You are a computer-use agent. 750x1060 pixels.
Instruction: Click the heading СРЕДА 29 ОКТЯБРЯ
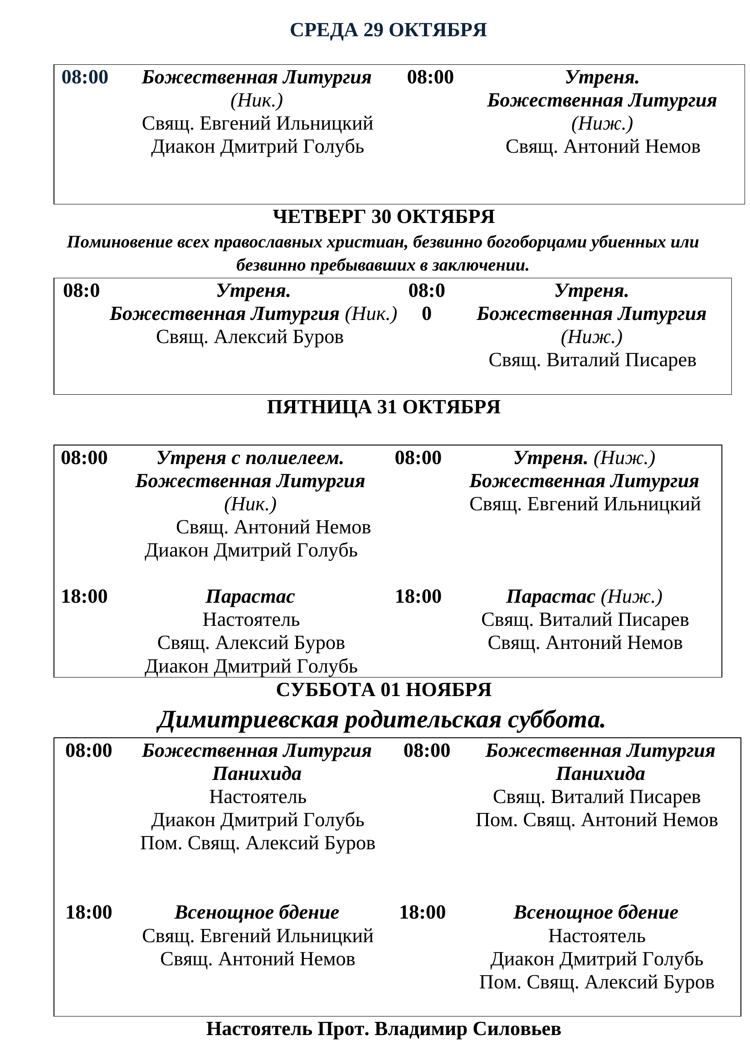tap(388, 30)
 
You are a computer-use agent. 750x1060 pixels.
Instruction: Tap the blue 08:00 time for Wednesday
tap(85, 77)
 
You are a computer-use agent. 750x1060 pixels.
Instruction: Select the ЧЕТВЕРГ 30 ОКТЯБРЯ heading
tap(383, 217)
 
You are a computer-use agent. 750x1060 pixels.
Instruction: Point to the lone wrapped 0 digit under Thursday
tap(426, 314)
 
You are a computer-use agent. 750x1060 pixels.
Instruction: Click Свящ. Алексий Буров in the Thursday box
tap(249, 337)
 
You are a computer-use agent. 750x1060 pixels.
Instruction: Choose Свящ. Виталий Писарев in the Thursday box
tap(592, 360)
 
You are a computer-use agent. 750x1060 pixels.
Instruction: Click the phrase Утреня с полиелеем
tap(250, 458)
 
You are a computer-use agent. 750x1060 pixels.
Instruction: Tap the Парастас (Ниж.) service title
tap(584, 596)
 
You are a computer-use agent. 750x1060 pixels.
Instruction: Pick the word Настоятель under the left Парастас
tap(251, 620)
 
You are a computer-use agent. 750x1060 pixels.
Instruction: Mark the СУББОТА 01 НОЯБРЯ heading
tap(383, 690)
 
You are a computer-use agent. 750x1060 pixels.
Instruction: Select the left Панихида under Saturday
tap(257, 774)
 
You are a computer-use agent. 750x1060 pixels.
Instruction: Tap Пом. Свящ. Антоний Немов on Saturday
tap(597, 820)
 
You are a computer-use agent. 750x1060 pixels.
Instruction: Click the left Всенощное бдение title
tap(257, 912)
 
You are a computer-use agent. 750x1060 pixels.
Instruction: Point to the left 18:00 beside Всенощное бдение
tap(89, 912)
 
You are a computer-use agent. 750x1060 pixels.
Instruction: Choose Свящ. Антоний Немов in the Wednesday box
tap(603, 147)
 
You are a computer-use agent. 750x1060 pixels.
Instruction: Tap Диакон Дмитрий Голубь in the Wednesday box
tap(258, 147)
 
